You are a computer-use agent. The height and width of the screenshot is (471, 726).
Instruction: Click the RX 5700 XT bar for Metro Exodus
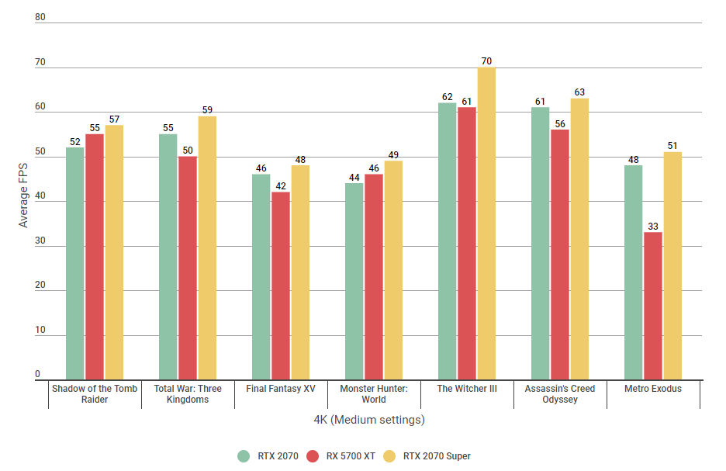tap(653, 306)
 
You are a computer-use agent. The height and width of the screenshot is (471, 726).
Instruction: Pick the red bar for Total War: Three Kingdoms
tap(188, 268)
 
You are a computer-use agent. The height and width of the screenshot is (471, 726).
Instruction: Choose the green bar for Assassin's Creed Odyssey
tap(541, 244)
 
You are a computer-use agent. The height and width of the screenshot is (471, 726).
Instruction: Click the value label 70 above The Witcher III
tap(486, 61)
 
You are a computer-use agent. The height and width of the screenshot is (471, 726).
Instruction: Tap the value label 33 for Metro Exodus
tap(653, 226)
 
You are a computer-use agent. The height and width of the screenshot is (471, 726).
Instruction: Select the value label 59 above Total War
tap(207, 110)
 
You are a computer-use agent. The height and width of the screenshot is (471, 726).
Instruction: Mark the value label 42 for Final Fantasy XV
tap(281, 185)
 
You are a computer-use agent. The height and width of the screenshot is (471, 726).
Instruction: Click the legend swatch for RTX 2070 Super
tap(390, 455)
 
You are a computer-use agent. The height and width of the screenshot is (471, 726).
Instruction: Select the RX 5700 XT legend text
tap(350, 455)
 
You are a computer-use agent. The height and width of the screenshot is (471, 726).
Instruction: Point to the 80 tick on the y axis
tap(40, 17)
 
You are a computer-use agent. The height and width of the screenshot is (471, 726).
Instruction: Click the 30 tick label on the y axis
tap(40, 241)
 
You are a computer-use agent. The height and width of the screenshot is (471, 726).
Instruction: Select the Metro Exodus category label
tap(653, 388)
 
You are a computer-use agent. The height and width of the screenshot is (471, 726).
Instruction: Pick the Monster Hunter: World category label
tap(374, 393)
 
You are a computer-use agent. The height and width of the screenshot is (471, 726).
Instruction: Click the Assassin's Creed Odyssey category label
tap(560, 393)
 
